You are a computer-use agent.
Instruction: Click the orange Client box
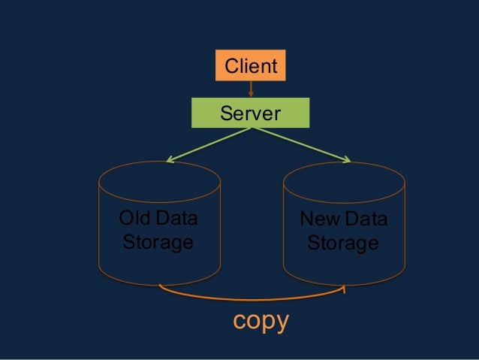point(250,66)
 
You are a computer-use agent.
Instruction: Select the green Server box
point(249,113)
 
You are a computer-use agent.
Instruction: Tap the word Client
point(250,67)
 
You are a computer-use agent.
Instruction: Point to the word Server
point(249,114)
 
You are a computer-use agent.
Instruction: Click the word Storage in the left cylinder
point(157,244)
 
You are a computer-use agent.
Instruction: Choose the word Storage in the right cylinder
point(342,244)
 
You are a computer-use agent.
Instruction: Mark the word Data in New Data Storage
point(364,221)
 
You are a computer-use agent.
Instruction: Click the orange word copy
point(261,321)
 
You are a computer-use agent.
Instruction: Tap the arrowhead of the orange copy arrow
point(345,288)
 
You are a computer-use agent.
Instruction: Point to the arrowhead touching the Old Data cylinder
point(170,159)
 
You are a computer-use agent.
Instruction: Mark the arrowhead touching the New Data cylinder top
point(348,159)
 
